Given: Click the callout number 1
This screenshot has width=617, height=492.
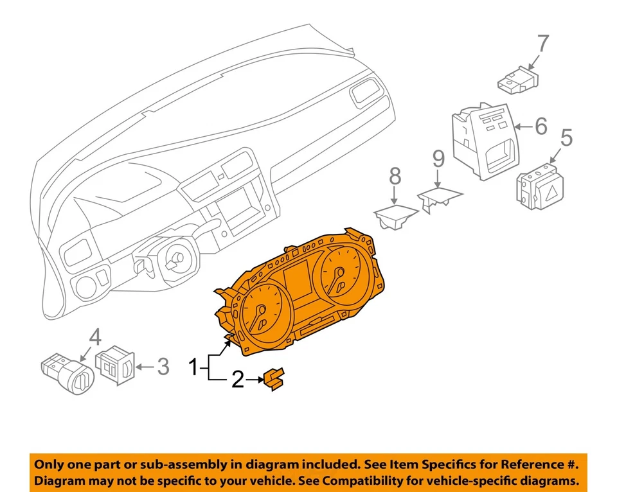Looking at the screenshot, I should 193,369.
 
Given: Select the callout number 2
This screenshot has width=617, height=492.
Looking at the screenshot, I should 238,381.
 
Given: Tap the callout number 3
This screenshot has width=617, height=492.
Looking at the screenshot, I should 163,367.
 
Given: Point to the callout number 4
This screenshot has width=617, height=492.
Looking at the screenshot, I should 94,337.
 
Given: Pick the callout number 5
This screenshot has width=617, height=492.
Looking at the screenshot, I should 566,139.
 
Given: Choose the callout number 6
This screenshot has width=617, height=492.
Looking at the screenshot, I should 541,127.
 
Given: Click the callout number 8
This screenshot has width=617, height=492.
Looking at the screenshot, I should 395,175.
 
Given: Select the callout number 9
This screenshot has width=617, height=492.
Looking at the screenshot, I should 438,158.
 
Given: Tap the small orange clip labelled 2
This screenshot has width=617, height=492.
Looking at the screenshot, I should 275,379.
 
